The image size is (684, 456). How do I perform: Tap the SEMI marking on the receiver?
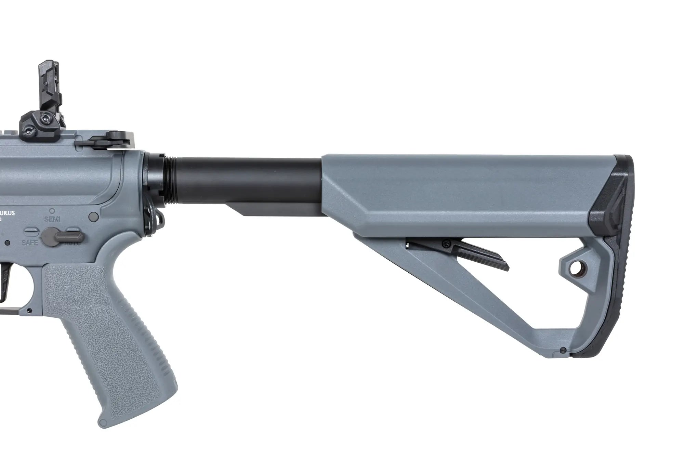coord(52,219)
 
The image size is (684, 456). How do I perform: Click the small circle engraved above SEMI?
coord(52,211)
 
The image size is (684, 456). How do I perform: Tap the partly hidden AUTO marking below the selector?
coord(72,244)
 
